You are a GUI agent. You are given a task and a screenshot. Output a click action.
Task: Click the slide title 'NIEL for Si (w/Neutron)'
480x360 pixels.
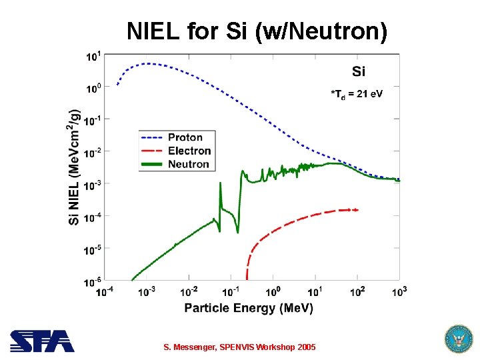[257, 31]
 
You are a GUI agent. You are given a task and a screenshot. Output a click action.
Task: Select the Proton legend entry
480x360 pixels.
[185, 137]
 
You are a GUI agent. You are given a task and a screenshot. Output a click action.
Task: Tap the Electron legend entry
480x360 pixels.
[189, 151]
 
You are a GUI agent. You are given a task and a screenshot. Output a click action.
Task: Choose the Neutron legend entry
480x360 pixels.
[189, 164]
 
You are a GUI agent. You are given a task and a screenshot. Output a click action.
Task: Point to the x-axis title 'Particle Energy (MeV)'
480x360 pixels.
[248, 308]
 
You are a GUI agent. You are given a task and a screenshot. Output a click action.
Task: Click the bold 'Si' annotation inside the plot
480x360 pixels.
[358, 71]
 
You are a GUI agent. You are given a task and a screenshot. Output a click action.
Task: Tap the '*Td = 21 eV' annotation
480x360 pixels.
[357, 93]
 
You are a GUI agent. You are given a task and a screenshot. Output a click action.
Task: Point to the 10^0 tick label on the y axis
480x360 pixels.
[94, 87]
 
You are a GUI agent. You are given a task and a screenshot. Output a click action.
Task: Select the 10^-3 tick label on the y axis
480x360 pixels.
[93, 184]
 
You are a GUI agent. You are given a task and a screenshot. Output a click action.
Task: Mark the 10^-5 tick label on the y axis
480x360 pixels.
[93, 249]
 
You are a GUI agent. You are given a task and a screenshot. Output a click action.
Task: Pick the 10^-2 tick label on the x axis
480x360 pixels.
[189, 291]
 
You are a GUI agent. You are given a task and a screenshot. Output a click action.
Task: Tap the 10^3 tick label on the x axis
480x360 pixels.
[399, 291]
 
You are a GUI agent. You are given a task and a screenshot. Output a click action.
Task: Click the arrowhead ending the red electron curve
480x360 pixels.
[356, 210]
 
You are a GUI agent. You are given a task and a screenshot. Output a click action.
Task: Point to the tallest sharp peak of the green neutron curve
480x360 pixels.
[220, 184]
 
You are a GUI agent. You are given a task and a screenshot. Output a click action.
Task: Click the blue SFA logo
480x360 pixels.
[41, 341]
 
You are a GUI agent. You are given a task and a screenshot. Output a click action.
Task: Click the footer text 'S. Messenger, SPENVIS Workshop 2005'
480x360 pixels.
[240, 347]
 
